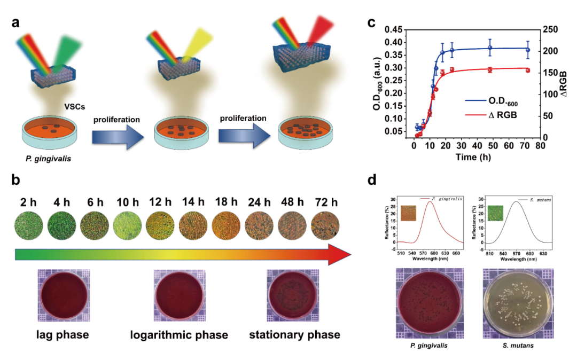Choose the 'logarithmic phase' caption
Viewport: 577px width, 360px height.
[x=180, y=335]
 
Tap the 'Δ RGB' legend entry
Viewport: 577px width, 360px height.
[x=492, y=115]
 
